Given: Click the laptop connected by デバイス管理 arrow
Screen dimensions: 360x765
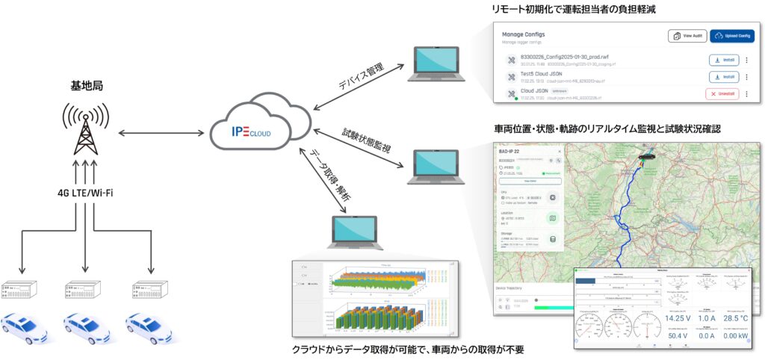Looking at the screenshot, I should point(438,63).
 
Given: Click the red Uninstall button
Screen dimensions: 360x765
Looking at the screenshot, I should point(722,93).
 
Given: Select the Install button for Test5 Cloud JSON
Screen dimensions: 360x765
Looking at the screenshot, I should point(723,76).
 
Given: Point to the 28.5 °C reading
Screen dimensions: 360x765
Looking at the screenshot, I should point(736,317).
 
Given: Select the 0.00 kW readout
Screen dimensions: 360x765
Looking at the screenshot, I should point(736,336).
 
